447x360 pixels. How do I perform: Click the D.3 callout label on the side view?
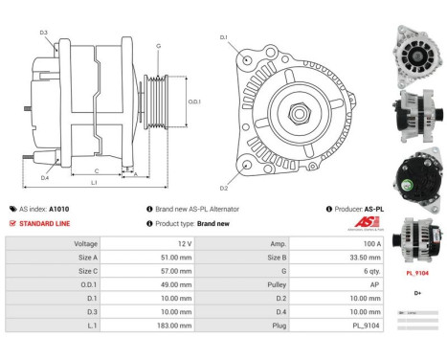[x=44, y=33]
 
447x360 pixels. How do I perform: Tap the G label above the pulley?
[x=158, y=46]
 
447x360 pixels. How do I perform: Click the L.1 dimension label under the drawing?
[x=94, y=182]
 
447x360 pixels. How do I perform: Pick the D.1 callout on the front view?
[x=224, y=38]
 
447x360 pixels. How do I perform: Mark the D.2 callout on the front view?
[x=224, y=188]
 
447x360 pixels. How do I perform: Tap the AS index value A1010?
[x=59, y=209]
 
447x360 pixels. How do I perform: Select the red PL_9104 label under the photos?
[x=416, y=273]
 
